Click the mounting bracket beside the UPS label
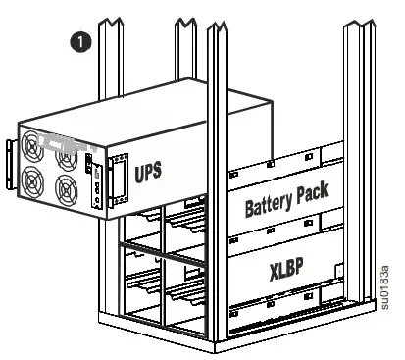coord(118,182)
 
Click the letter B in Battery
coord(249,209)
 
